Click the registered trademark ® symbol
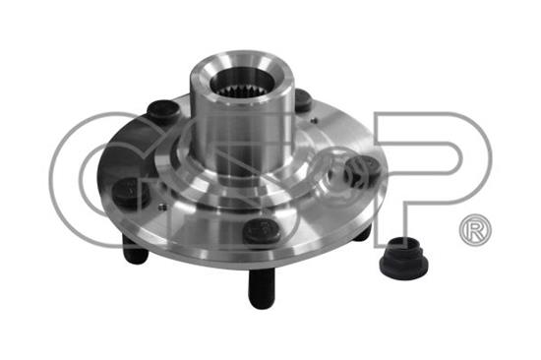[475, 230]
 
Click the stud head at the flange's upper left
[163, 110]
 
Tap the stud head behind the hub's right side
[304, 99]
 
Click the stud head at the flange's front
[260, 229]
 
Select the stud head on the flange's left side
[130, 193]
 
